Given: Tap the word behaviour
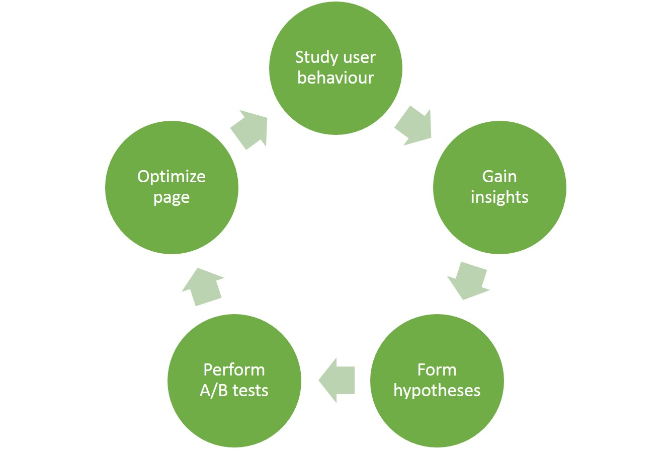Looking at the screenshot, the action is coord(335,78).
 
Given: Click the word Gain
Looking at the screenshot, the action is coord(499,177).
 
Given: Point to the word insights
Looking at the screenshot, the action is coord(499,197).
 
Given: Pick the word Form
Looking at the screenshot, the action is coord(437,370).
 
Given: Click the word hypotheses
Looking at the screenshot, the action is coord(437,391).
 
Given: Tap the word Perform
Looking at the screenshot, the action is coord(234,370).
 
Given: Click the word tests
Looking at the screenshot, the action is coord(250,391).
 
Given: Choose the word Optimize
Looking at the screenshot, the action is coord(172,177).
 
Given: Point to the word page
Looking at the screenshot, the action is coord(172,198).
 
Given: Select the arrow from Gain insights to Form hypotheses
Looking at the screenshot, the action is coord(468,281).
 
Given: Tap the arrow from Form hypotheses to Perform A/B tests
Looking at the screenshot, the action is coord(337,380).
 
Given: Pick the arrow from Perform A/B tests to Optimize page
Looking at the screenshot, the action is coord(203,286).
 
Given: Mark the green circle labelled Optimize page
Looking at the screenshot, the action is coord(172,187).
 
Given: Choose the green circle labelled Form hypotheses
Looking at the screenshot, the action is coord(437,381).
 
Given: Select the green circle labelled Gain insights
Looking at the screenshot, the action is coord(499,187).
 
